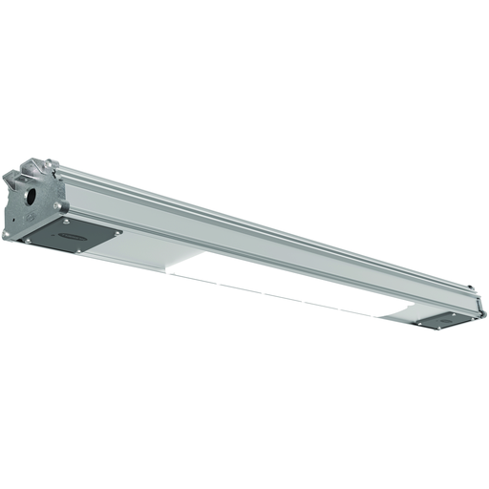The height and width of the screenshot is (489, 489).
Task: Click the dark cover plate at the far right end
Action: [444, 318]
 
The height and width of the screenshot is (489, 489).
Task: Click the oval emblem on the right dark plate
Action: [445, 317]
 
